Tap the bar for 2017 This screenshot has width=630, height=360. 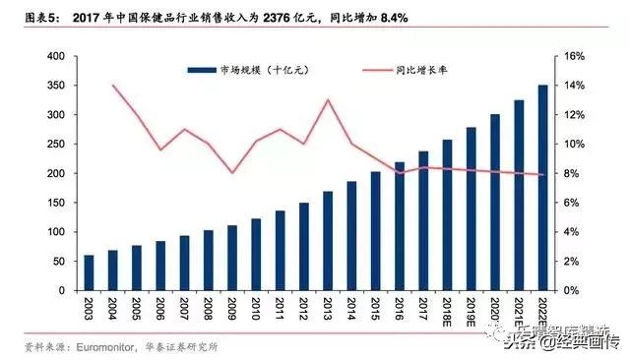pyautogui.click(x=423, y=220)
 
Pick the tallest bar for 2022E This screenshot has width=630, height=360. pyautogui.click(x=543, y=187)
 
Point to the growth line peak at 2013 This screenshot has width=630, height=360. pyautogui.click(x=327, y=99)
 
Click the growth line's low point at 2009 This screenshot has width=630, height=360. pyautogui.click(x=231, y=173)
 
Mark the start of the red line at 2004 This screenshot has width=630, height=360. pyautogui.click(x=112, y=86)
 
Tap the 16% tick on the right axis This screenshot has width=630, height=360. pyautogui.click(x=576, y=56)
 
